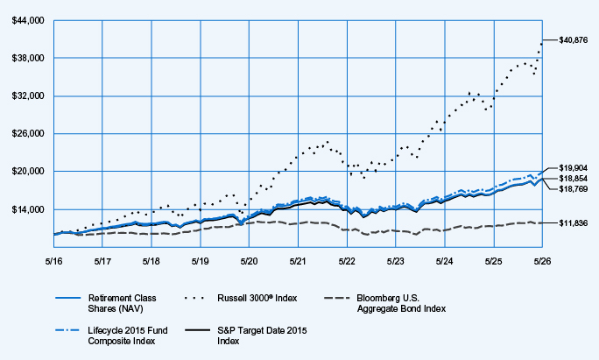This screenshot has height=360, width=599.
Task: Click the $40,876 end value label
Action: [x=574, y=39]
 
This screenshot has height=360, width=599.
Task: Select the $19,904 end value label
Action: [x=574, y=168]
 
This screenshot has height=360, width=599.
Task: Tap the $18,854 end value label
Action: [x=574, y=179]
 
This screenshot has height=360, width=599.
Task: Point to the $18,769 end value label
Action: [x=574, y=189]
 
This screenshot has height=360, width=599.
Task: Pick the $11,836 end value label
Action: [x=574, y=223]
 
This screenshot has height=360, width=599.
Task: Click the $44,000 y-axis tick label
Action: [x=28, y=21]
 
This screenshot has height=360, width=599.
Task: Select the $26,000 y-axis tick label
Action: [x=28, y=134]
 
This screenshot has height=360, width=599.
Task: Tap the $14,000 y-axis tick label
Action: [x=28, y=210]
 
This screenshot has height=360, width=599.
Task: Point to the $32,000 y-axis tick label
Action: [x=28, y=96]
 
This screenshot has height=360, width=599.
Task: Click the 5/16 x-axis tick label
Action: [x=54, y=261]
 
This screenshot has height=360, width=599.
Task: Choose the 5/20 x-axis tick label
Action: [x=249, y=261]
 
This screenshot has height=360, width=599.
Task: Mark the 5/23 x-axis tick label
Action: [x=395, y=261]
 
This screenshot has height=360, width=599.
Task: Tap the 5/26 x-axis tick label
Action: [x=542, y=261]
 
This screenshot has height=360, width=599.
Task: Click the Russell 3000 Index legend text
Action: [x=257, y=298]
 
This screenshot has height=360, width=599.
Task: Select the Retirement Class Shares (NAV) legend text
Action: [x=123, y=303]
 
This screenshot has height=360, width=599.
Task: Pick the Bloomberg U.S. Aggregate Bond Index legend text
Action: [x=401, y=303]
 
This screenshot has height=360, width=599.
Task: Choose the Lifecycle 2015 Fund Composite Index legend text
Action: [x=128, y=335]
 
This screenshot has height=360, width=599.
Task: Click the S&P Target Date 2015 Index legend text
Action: [x=262, y=335]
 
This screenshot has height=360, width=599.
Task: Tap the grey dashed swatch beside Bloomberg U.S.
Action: [x=336, y=298]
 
